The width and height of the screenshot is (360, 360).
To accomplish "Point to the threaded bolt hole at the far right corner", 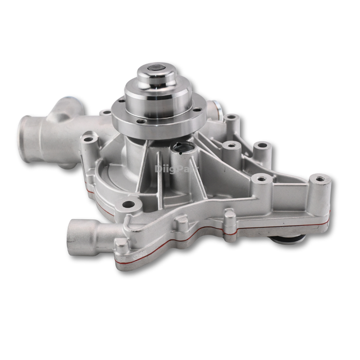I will pos(320,179).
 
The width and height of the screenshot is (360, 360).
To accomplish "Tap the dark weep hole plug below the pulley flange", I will pos(183,149).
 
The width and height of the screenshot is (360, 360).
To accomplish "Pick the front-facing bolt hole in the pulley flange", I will pos(142,122).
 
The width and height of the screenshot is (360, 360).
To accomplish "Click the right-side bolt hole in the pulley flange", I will pos(197,110).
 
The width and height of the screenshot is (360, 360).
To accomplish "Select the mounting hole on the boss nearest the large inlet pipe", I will pos(89,139).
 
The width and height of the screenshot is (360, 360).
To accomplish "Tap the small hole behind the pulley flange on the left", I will pos(106,112).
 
